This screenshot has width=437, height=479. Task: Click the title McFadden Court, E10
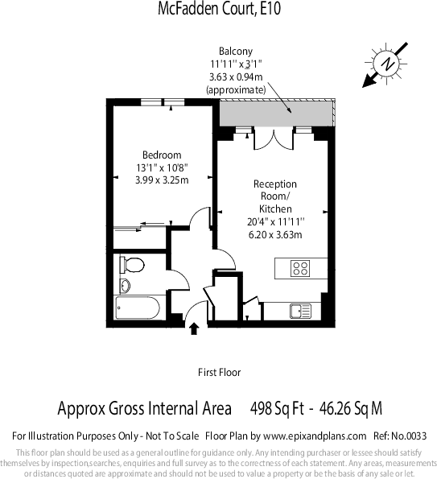(x=218, y=9)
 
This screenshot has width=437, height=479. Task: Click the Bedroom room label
(x=162, y=155)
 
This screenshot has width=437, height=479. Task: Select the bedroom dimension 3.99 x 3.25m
(x=162, y=180)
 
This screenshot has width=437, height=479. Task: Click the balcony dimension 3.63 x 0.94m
(x=235, y=76)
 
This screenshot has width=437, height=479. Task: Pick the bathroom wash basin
(x=124, y=285)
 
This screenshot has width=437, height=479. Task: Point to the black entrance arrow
(x=193, y=327)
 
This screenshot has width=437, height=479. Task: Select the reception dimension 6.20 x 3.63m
(x=275, y=234)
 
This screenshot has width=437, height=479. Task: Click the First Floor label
(x=219, y=373)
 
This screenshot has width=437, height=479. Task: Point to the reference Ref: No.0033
(x=395, y=436)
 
